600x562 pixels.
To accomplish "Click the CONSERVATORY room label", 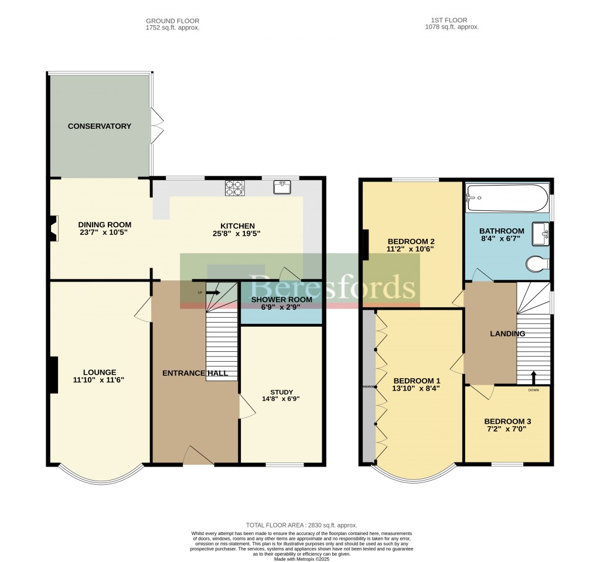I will tap(99, 126).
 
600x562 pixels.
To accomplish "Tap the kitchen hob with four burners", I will tap(235, 187).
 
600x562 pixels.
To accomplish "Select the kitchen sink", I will tap(282, 187).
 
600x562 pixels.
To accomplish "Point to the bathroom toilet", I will tap(537, 264).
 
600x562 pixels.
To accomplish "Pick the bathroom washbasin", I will tap(540, 234).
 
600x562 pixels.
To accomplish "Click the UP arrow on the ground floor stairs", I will tap(213, 292).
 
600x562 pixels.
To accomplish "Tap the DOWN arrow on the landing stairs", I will tap(533, 376).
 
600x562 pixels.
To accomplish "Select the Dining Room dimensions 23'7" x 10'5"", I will tap(105, 232).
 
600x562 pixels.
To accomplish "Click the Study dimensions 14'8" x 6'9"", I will tap(282, 400).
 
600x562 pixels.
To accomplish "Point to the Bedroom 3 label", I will tap(507, 421).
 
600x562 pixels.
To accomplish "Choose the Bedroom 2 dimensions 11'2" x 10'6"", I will tap(411, 249).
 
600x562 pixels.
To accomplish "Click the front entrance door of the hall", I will tap(198, 455).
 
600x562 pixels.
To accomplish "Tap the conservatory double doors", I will tap(157, 125).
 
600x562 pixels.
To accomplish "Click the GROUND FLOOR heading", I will tap(172, 21).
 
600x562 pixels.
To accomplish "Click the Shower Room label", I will tap(282, 300).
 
